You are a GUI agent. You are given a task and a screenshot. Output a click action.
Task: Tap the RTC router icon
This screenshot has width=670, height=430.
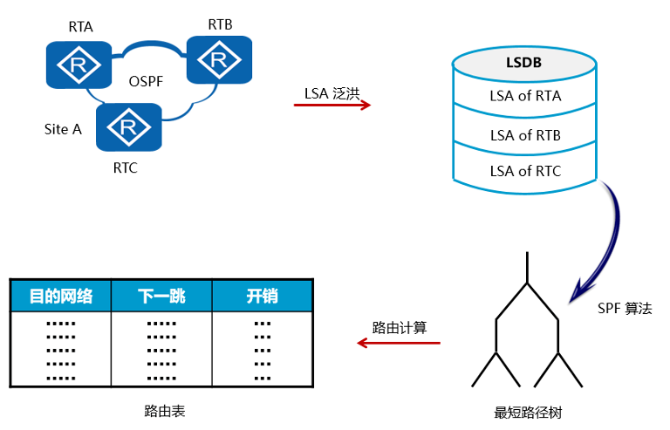coord(128,127)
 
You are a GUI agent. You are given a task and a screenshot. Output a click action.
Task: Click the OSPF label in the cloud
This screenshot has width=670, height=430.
coord(147,83)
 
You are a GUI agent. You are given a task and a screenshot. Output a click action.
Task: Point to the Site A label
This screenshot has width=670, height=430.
coord(63,129)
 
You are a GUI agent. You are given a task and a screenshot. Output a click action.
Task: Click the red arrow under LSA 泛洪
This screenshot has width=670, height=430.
coord(332,106)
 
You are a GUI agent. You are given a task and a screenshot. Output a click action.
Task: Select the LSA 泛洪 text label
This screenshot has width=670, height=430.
coord(332,91)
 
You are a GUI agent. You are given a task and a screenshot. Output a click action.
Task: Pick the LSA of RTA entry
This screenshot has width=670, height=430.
coord(525,96)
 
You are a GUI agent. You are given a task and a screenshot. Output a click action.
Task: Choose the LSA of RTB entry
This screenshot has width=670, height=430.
coord(525,135)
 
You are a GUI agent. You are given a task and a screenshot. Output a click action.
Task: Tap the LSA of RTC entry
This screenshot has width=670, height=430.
coord(525,171)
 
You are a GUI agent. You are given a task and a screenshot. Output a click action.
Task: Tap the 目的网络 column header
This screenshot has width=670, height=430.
coord(61,297)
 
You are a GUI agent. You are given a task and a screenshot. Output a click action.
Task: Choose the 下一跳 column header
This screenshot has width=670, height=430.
coord(161,297)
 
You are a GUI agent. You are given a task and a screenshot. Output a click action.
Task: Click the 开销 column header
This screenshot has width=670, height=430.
coord(262,297)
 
